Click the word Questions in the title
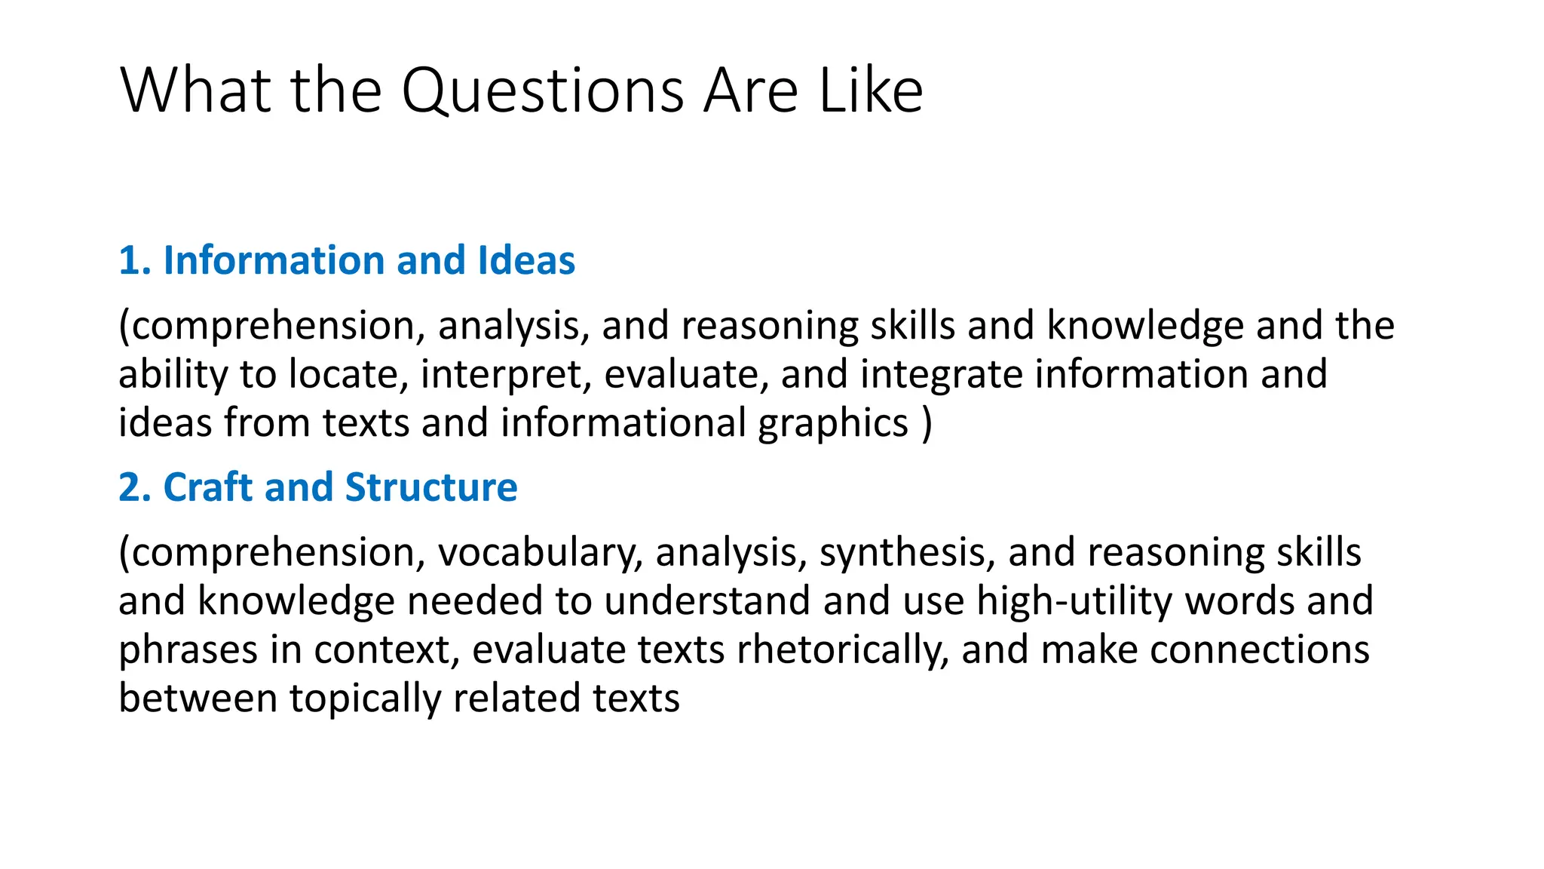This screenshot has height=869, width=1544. coord(544,91)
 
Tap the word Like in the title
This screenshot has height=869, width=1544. coord(871,91)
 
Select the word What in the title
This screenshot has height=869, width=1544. coord(195,91)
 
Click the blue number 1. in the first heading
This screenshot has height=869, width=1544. coord(136,261)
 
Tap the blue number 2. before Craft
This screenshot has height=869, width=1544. coord(136,487)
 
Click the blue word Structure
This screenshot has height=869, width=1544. coord(431,487)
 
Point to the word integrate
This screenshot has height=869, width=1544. coord(942,375)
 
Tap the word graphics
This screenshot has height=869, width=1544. coord(833,424)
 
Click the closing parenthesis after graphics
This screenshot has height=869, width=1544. coord(927,424)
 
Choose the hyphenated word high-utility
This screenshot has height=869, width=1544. coord(1074,601)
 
